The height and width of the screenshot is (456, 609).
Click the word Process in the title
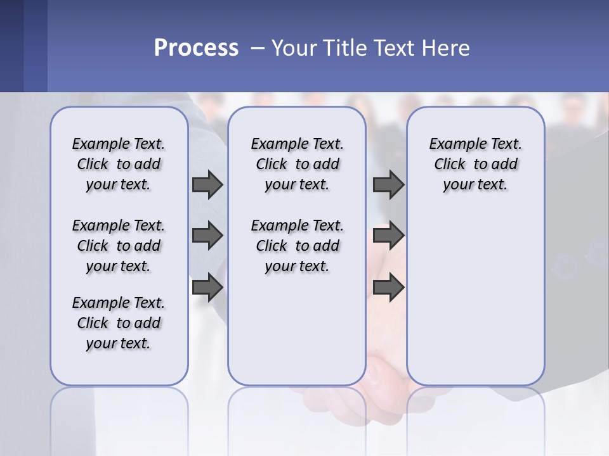[x=196, y=48]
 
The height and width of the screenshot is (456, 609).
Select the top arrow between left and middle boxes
[x=207, y=184]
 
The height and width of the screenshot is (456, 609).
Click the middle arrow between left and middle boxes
[x=207, y=236]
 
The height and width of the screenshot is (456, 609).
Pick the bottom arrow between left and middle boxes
[x=207, y=288]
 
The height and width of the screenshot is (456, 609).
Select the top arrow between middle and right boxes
[x=388, y=184]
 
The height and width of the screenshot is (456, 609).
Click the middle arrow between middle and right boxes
[x=388, y=236]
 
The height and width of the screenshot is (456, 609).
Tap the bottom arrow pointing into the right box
[x=388, y=288]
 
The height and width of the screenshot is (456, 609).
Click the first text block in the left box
[x=119, y=164]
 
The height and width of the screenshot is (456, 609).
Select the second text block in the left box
[x=119, y=246]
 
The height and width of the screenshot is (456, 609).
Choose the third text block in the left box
[x=119, y=323]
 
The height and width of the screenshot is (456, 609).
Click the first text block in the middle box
[x=297, y=164]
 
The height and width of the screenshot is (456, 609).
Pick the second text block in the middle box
[x=297, y=246]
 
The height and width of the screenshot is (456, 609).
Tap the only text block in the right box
[x=476, y=164]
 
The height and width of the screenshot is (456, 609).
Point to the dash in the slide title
[x=258, y=48]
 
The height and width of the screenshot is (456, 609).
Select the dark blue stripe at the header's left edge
[x=11, y=46]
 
